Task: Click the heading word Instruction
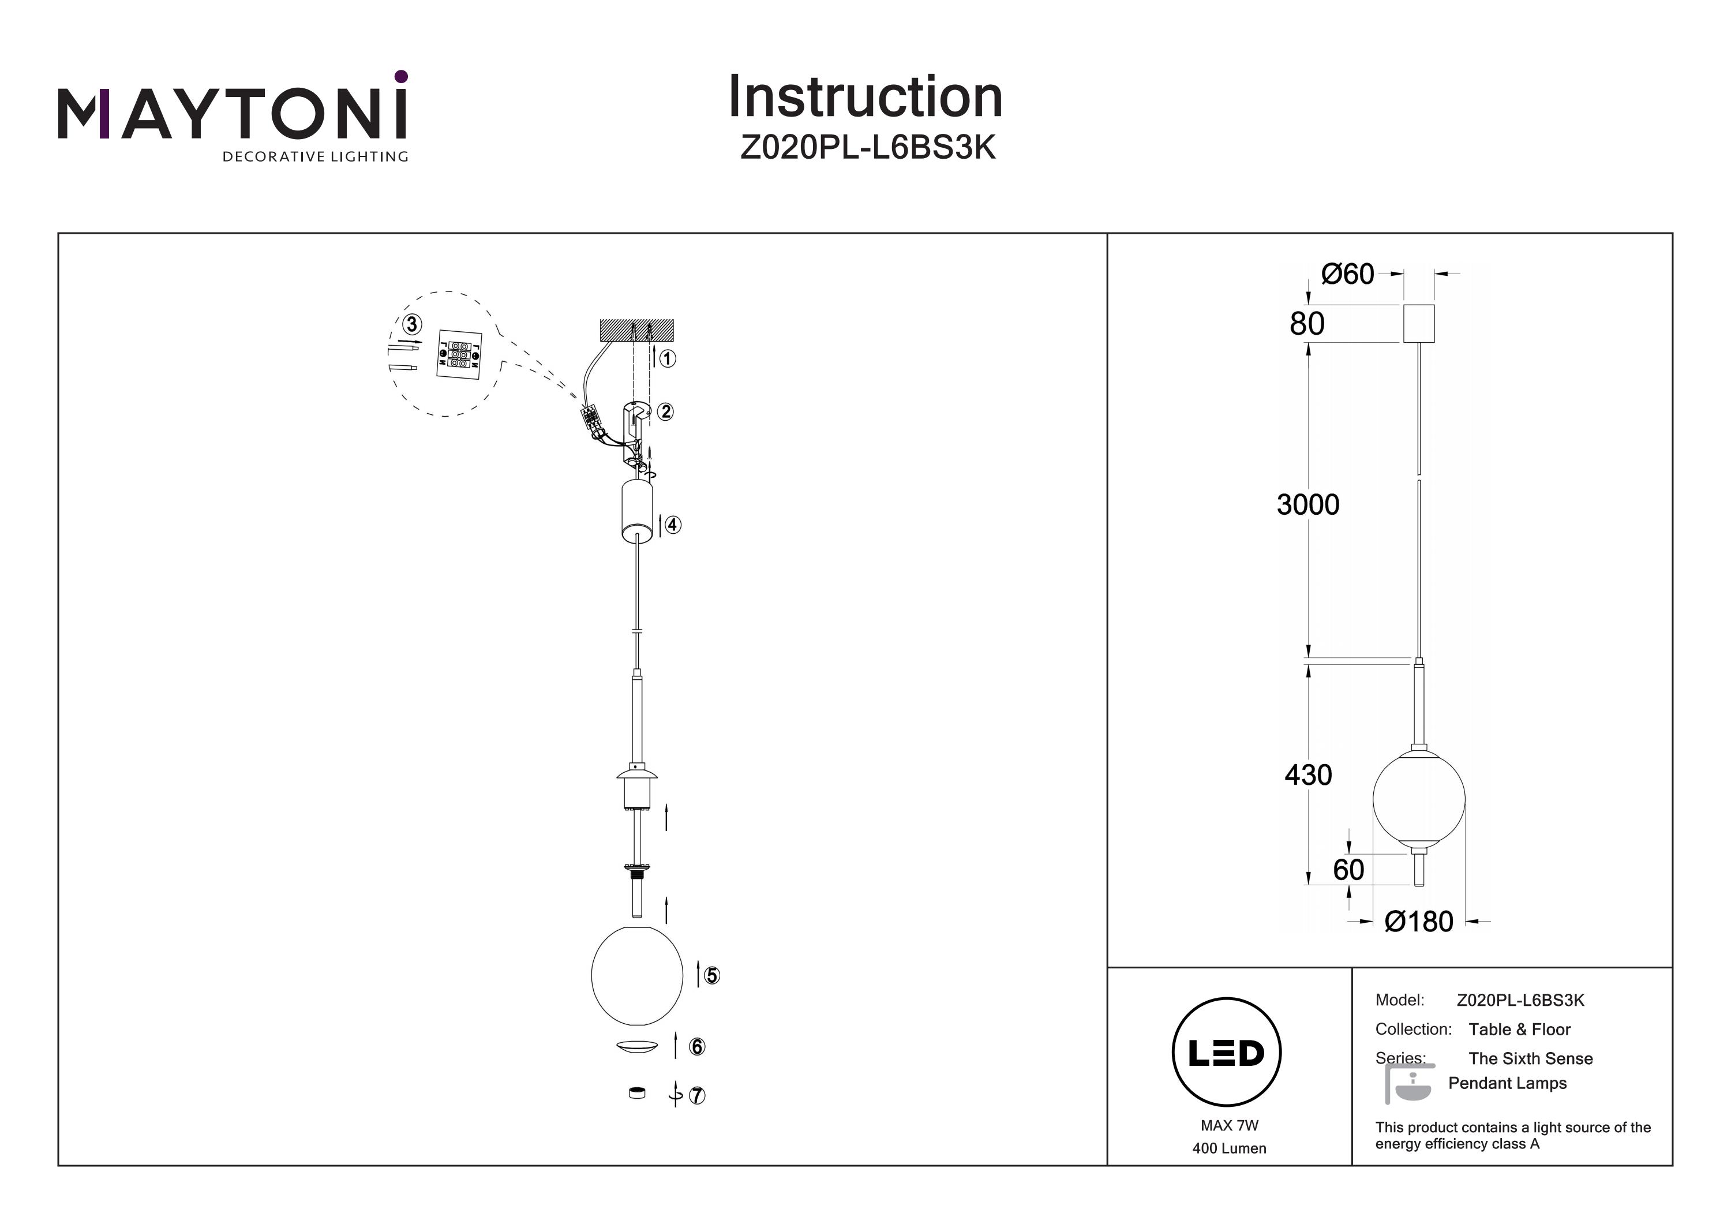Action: point(865,98)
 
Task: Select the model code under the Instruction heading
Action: point(868,148)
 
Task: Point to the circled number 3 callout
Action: point(411,325)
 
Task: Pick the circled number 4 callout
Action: point(673,525)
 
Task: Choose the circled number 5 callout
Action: point(711,975)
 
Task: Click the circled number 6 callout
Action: point(696,1047)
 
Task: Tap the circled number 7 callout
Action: point(696,1095)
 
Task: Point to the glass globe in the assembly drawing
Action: point(637,975)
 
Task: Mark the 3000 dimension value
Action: point(1308,504)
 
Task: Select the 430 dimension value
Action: point(1308,774)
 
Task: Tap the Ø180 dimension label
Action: point(1419,922)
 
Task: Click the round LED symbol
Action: point(1227,1053)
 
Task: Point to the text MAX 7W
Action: point(1230,1125)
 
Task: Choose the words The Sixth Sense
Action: point(1530,1059)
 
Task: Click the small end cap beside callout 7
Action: point(637,1093)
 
